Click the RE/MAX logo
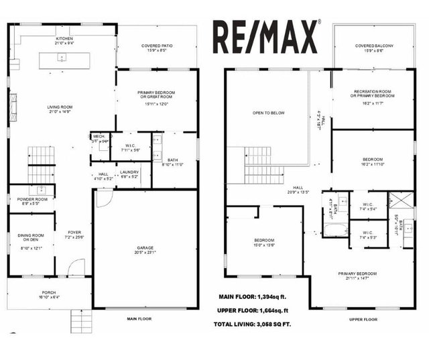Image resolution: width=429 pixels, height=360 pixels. (265, 36)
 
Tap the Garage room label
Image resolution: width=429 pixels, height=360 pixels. (145, 250)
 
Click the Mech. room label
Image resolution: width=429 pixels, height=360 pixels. (99, 138)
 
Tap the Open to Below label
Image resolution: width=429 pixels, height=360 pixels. (268, 113)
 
